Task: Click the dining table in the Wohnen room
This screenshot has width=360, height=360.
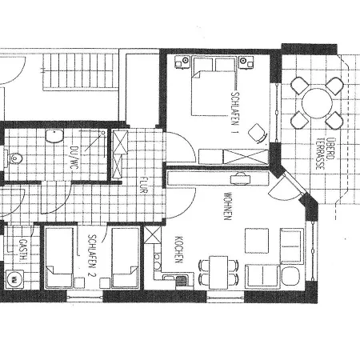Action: (x=217, y=269)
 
